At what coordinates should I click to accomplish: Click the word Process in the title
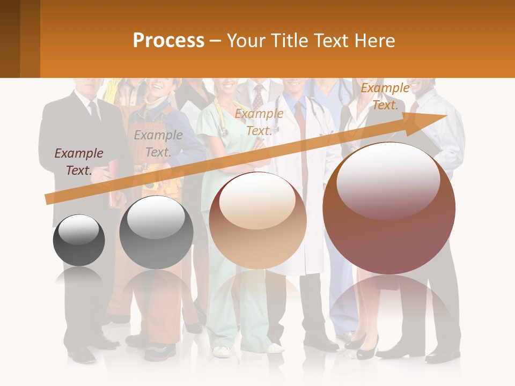(x=168, y=40)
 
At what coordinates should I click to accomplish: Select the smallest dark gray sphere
(x=79, y=240)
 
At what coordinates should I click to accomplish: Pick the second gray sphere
(x=156, y=232)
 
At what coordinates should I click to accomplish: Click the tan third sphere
(x=257, y=220)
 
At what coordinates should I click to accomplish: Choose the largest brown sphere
(x=389, y=208)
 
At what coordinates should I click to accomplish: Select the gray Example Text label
(x=158, y=144)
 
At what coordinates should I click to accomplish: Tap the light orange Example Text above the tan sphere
(x=259, y=122)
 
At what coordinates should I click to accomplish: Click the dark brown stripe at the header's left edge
(x=10, y=39)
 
